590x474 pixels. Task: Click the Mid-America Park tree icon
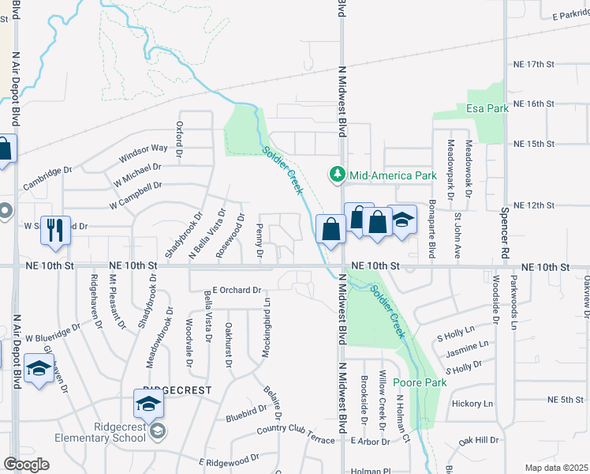coord(338,174)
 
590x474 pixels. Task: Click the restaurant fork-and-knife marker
coord(55,229)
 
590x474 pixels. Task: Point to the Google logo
coord(25,464)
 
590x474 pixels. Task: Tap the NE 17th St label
coord(534,63)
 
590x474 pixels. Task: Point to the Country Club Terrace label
coord(296,431)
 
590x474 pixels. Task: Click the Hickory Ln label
coord(472,404)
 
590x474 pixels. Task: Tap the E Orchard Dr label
coord(237,290)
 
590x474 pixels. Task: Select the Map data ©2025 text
coord(556,468)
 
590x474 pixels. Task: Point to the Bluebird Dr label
coord(246,412)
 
